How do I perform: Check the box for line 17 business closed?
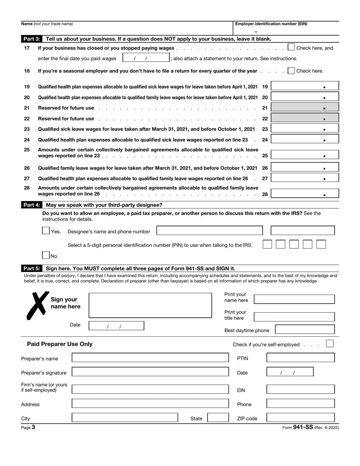click(291, 47)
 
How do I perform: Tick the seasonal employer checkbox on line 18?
click(291, 71)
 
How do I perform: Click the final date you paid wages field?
click(146, 58)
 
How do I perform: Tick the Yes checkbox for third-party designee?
click(46, 231)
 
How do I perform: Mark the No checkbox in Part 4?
click(46, 255)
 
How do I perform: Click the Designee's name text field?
click(209, 231)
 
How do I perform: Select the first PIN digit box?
click(267, 244)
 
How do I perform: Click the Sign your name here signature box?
click(150, 305)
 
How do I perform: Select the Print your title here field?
click(294, 317)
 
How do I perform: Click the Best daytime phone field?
click(305, 329)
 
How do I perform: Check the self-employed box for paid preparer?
click(330, 344)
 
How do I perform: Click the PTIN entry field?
click(301, 358)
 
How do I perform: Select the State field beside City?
click(218, 418)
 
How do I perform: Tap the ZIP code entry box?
click(301, 418)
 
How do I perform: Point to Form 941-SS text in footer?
click(303, 427)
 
